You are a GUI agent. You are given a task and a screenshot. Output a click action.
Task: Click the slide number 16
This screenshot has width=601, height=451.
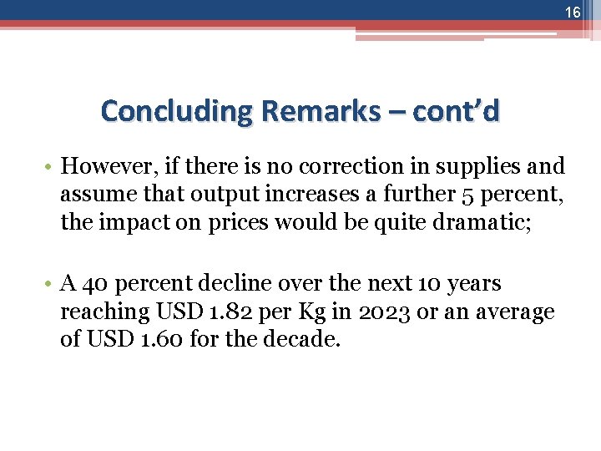[572, 13]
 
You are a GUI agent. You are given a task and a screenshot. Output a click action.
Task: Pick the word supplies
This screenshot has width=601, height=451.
[482, 165]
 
